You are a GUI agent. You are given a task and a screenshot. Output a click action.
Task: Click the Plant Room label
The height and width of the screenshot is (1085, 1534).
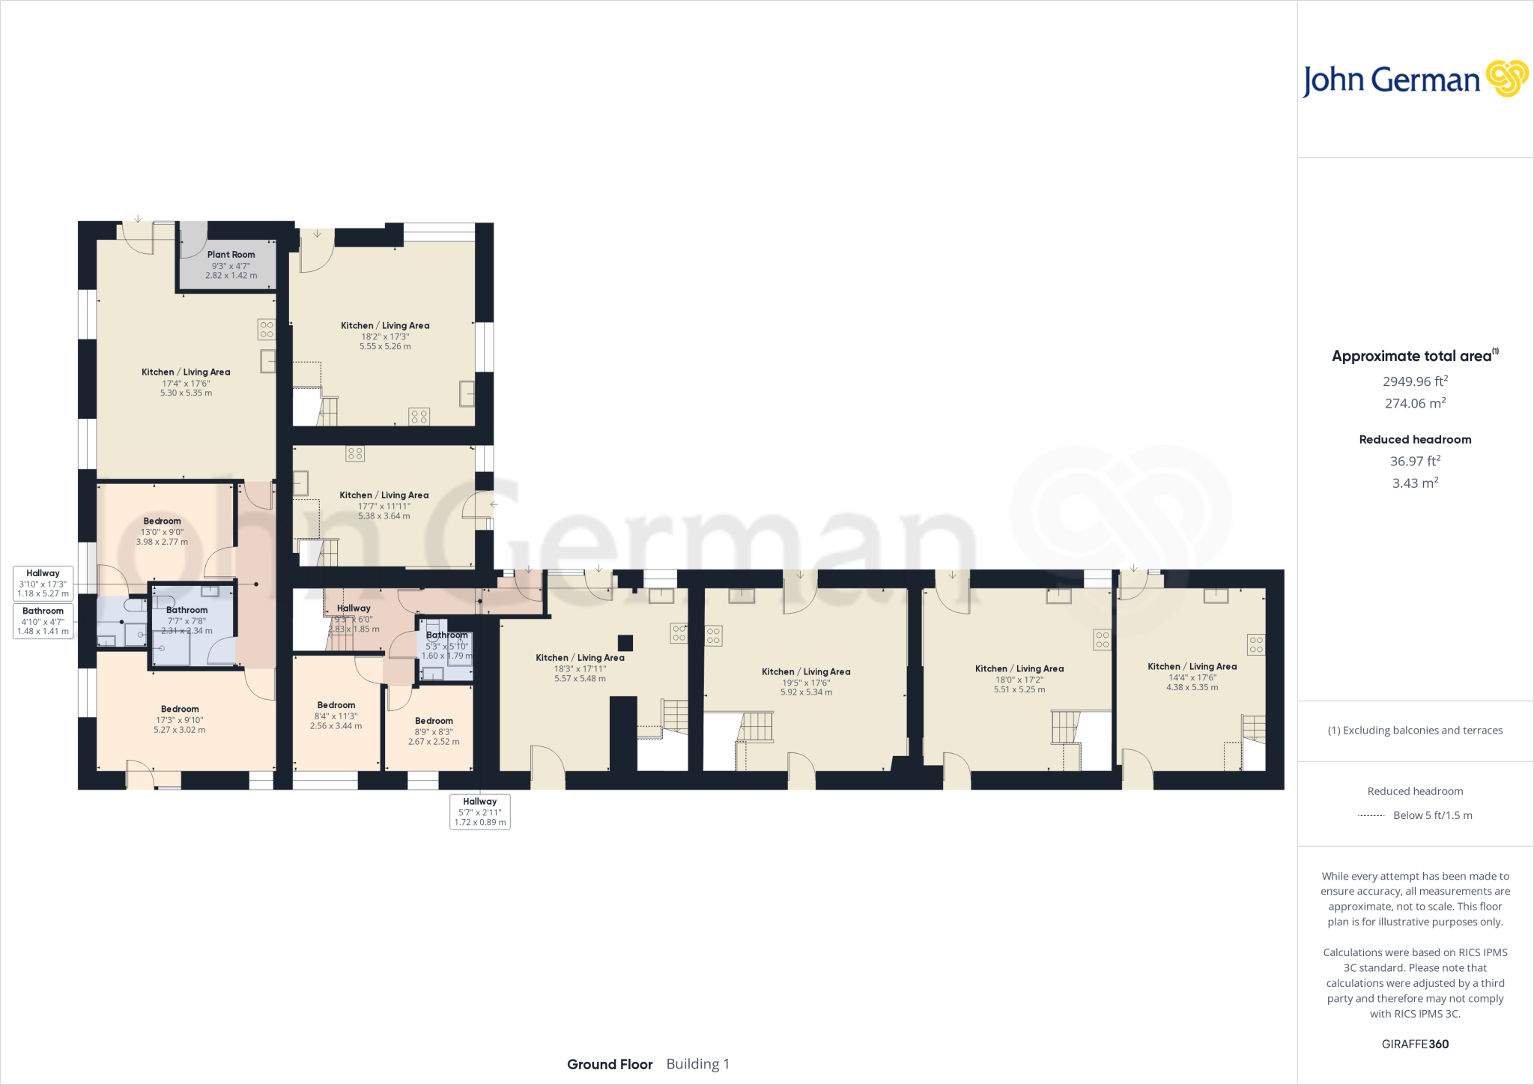tap(231, 255)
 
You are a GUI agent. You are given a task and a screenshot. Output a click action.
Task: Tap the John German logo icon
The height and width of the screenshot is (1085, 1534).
tap(1507, 79)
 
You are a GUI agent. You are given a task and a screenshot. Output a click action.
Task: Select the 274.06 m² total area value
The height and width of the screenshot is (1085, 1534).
tap(1415, 403)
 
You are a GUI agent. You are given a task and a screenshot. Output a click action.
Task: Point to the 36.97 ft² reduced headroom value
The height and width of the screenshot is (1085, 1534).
tap(1415, 462)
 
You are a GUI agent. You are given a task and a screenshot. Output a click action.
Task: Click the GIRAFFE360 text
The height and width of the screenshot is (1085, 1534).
tap(1415, 1044)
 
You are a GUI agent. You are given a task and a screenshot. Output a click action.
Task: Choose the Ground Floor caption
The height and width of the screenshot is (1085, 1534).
tap(610, 1064)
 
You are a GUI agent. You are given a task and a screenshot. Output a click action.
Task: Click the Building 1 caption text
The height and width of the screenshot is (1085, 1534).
tap(697, 1064)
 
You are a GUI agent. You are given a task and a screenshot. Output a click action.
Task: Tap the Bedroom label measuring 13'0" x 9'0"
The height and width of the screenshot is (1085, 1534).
tap(162, 522)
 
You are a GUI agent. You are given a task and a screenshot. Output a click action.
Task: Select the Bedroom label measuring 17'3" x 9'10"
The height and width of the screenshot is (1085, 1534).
tap(180, 709)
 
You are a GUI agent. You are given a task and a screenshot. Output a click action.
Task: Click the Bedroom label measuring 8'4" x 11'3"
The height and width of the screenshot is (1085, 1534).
tap(336, 705)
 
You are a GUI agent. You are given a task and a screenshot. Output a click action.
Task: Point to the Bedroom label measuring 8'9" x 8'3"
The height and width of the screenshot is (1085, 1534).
tap(434, 721)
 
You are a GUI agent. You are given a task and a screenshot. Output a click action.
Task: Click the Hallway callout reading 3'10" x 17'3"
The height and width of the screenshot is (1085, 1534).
tap(43, 583)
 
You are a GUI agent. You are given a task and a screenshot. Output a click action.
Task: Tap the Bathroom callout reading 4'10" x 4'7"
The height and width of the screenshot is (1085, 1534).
tap(43, 621)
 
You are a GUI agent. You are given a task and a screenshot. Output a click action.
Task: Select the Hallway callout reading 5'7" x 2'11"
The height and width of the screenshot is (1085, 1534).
tap(480, 812)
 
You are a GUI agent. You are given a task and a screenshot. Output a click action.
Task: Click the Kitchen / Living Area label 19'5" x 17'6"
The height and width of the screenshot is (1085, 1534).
tap(806, 672)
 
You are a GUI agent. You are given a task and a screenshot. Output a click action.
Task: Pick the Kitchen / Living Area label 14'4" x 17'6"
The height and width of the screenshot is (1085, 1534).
tap(1192, 667)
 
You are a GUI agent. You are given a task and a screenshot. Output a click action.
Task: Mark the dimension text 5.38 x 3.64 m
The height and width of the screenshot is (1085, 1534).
tap(384, 516)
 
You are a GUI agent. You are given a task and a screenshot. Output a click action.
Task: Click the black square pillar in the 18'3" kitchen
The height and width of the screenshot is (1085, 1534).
tap(625, 643)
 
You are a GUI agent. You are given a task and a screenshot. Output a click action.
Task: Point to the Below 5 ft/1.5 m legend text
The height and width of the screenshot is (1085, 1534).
tap(1432, 815)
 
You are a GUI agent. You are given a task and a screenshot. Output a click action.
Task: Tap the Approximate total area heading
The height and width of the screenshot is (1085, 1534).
tap(1411, 357)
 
